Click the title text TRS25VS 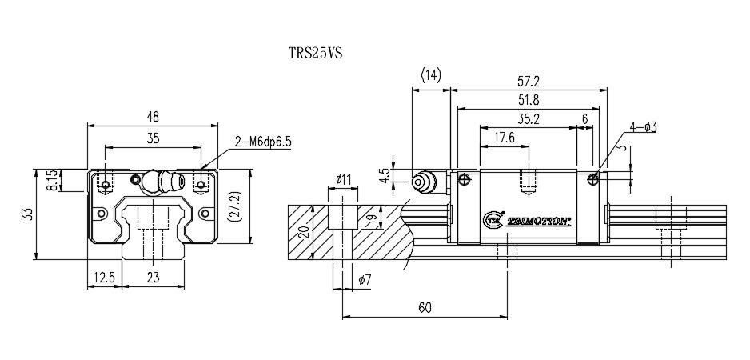click(316, 54)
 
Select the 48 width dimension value click(152, 117)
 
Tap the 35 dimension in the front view click(153, 138)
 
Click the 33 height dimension click(27, 214)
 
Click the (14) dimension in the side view click(430, 75)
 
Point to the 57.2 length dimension click(529, 81)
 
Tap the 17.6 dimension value click(505, 137)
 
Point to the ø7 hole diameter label click(365, 279)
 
